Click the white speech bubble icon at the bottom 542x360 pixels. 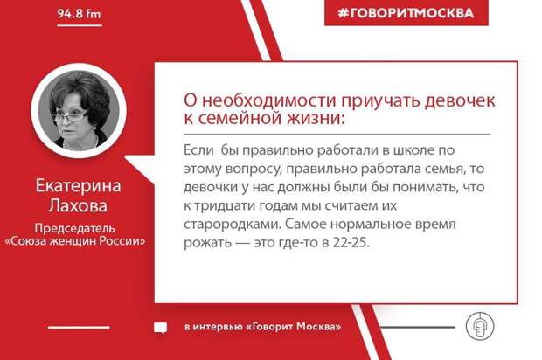(160, 327)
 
